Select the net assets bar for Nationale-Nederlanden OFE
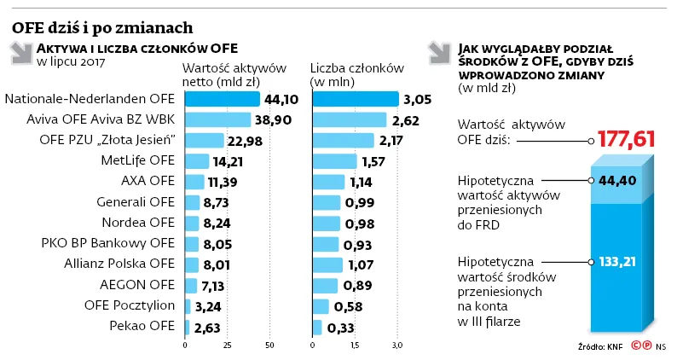pyautogui.click(x=222, y=100)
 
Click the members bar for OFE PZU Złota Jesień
pyautogui.click(x=343, y=140)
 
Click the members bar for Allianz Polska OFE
pyautogui.click(x=328, y=264)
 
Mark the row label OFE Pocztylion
pyautogui.click(x=130, y=305)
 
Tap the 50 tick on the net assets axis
pyautogui.click(x=269, y=345)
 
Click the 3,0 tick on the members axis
pyautogui.click(x=396, y=345)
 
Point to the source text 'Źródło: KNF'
pyautogui.click(x=601, y=348)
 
